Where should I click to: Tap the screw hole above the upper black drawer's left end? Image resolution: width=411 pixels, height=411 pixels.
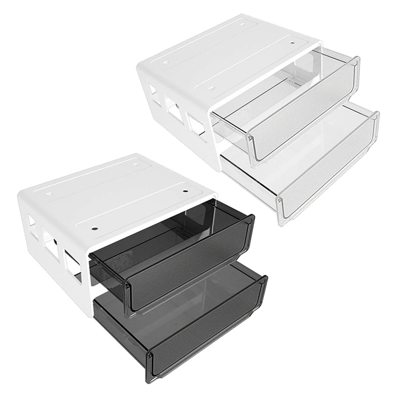[96, 226]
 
